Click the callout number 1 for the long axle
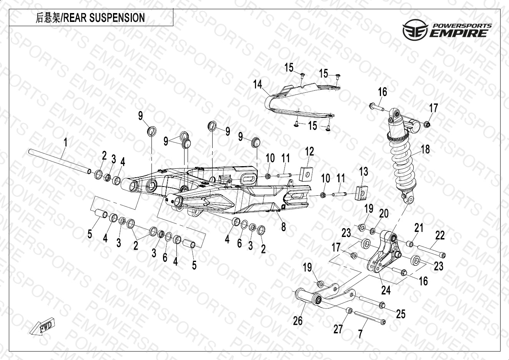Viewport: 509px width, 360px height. pos(65,142)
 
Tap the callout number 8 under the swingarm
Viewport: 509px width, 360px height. pos(283,227)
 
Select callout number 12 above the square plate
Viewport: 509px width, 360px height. pos(309,151)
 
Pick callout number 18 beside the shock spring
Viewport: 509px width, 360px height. pos(425,149)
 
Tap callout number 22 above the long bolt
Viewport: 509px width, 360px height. pos(440,235)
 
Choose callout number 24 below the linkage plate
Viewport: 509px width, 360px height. pos(386,290)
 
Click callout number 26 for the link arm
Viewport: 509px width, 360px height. pos(298,320)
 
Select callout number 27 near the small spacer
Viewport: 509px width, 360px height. pos(338,329)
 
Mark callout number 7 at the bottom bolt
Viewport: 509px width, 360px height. pos(360,334)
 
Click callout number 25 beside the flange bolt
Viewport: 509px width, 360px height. pos(401,314)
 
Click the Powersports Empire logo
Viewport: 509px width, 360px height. pos(447,30)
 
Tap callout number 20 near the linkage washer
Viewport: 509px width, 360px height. pos(384,213)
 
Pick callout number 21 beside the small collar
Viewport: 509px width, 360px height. pos(418,228)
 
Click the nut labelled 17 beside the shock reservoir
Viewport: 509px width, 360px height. pos(427,124)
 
